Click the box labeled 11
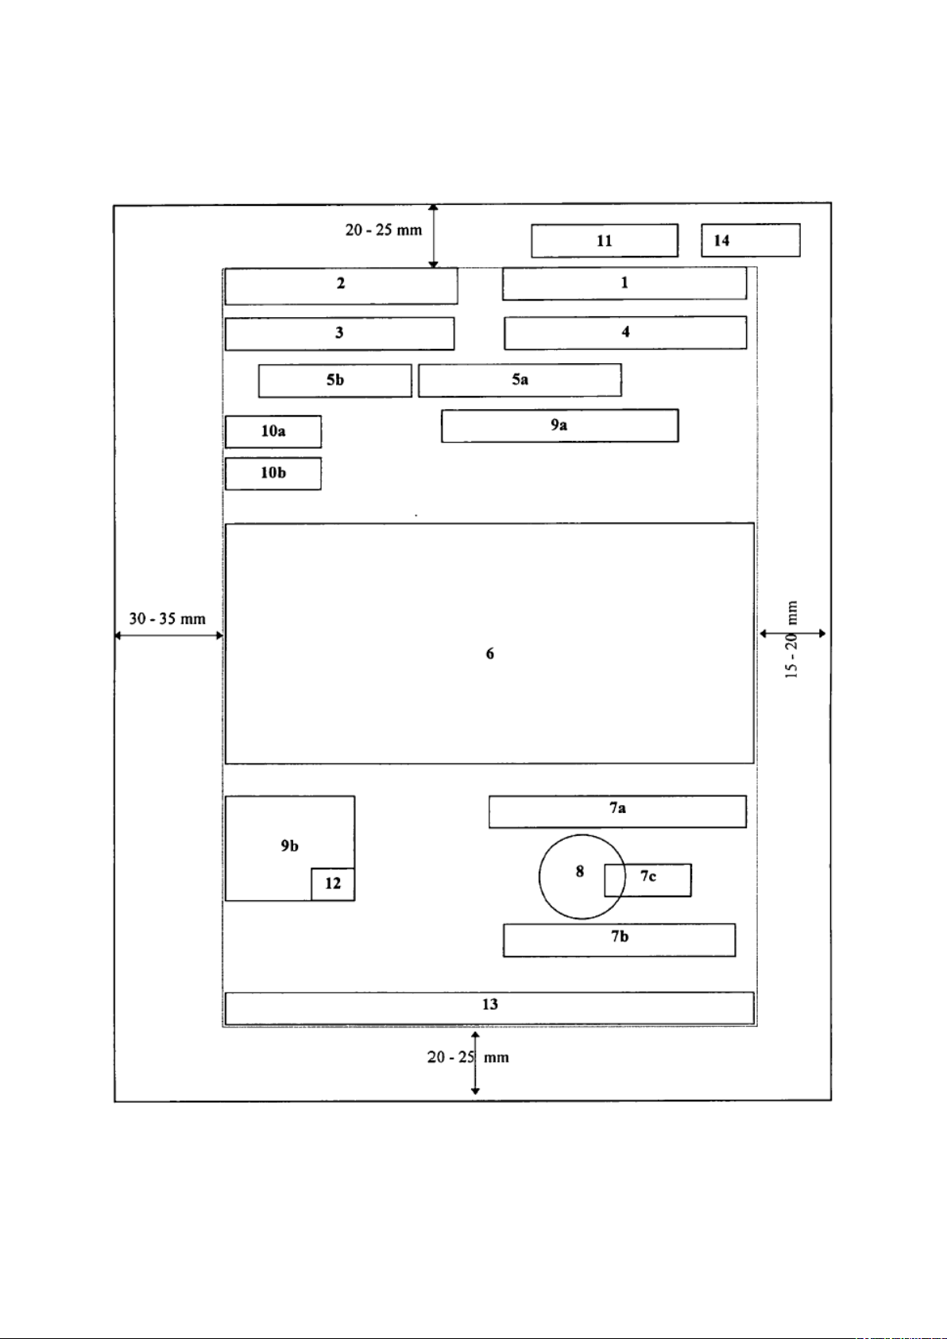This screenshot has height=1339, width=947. pyautogui.click(x=605, y=241)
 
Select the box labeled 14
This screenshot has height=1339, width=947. pyautogui.click(x=750, y=241)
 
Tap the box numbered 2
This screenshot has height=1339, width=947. pyautogui.click(x=341, y=286)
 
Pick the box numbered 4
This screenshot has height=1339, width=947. pyautogui.click(x=625, y=332)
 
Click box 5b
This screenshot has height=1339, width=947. pyautogui.click(x=334, y=381)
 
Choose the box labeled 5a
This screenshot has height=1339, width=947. pyautogui.click(x=520, y=380)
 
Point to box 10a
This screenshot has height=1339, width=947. pyautogui.click(x=273, y=431)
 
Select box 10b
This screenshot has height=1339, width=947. pyautogui.click(x=273, y=474)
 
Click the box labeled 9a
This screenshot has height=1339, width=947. pyautogui.click(x=559, y=425)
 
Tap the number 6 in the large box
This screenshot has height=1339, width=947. pyautogui.click(x=489, y=653)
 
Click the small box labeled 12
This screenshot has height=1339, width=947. pyautogui.click(x=333, y=884)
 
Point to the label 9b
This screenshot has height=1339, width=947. pyautogui.click(x=289, y=846)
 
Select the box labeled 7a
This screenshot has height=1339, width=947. pyautogui.click(x=617, y=811)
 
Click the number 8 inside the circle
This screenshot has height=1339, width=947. pyautogui.click(x=580, y=872)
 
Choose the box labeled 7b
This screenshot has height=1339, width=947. pyautogui.click(x=619, y=939)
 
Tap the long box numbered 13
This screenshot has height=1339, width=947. pyautogui.click(x=489, y=1008)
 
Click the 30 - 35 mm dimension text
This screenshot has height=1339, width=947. pyautogui.click(x=167, y=619)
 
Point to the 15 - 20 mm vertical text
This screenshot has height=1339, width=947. pyautogui.click(x=791, y=640)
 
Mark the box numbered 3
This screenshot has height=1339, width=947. pyautogui.click(x=339, y=334)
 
